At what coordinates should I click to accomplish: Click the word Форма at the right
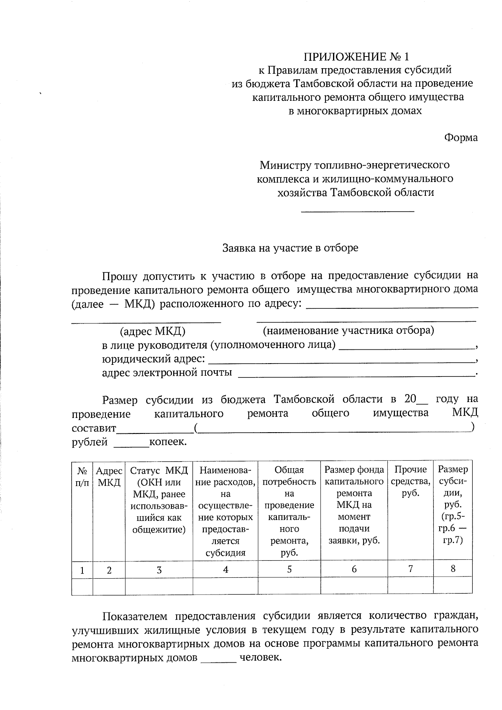tap(461, 138)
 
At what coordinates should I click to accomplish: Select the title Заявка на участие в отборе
tap(290, 248)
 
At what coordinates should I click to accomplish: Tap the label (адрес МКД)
tap(153, 332)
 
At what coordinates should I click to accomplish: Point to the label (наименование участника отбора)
tap(348, 331)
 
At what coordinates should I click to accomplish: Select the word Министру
tap(285, 165)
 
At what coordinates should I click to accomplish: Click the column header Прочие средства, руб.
tap(410, 482)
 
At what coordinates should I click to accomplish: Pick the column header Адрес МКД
tap(109, 476)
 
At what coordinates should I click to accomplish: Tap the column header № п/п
tap(82, 476)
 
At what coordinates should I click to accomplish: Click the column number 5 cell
tap(289, 569)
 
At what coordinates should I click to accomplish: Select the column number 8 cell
tap(453, 569)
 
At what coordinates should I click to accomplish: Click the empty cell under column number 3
tap(159, 586)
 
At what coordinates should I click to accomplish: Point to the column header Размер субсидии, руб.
tap(453, 505)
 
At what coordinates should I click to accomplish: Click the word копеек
tap(168, 442)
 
